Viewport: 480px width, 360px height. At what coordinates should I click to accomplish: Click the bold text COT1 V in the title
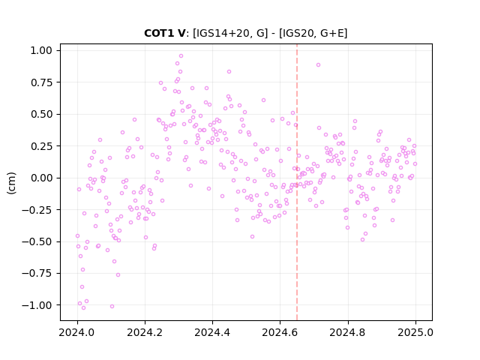[165, 33]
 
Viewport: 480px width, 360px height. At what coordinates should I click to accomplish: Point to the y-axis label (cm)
[11, 183]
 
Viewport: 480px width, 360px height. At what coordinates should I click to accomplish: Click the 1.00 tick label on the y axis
[41, 50]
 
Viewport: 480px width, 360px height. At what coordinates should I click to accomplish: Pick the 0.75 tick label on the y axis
[41, 82]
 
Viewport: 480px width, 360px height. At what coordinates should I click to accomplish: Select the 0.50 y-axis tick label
[41, 114]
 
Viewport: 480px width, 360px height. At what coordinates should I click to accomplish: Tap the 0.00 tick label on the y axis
[41, 178]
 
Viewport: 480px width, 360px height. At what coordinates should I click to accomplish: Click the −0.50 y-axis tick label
[37, 241]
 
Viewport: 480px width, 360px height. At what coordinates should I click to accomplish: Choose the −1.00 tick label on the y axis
[37, 305]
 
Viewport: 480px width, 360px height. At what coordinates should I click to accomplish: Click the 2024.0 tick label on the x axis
[77, 332]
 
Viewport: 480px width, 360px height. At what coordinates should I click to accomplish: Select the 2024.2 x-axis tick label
[145, 332]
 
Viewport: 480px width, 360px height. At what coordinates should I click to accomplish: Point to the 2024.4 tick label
[212, 332]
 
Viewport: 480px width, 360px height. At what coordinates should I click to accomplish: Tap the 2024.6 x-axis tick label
[280, 332]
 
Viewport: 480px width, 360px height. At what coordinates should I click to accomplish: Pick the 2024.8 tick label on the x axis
[348, 332]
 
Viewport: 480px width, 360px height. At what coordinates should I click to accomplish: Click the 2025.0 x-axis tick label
[415, 332]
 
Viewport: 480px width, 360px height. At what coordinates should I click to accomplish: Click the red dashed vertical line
[297, 182]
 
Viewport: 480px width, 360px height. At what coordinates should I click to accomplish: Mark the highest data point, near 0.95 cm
[181, 56]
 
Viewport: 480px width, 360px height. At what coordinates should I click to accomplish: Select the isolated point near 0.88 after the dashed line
[318, 65]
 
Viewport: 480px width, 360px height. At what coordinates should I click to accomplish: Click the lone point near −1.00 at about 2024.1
[112, 307]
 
